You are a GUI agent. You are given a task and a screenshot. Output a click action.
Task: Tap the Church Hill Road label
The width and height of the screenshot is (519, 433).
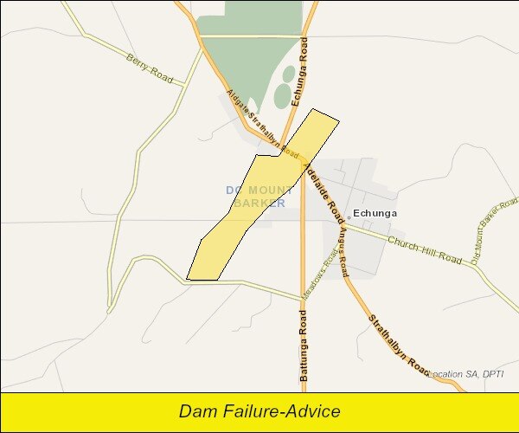[425, 249]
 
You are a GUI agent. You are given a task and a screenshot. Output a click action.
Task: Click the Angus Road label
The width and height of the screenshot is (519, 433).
[342, 246]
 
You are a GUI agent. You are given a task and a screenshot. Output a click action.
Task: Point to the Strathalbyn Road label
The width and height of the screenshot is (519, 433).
[399, 345]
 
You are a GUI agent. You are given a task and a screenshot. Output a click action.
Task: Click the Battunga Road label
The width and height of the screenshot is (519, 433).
[304, 346]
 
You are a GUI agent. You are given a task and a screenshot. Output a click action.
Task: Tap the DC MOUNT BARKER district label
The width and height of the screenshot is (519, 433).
[255, 196]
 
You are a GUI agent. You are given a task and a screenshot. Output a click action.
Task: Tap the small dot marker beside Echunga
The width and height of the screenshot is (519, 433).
[349, 215]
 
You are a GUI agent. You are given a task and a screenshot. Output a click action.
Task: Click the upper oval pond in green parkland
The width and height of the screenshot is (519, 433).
[288, 74]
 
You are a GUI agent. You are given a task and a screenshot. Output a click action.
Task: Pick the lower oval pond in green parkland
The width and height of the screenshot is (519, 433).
[283, 96]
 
